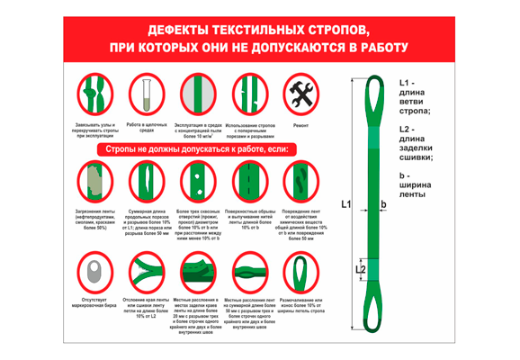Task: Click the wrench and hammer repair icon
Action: pos(300,94)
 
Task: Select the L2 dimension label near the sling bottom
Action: pos(360,269)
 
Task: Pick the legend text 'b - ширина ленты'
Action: pos(414,185)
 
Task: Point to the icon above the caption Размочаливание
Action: pos(300,271)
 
